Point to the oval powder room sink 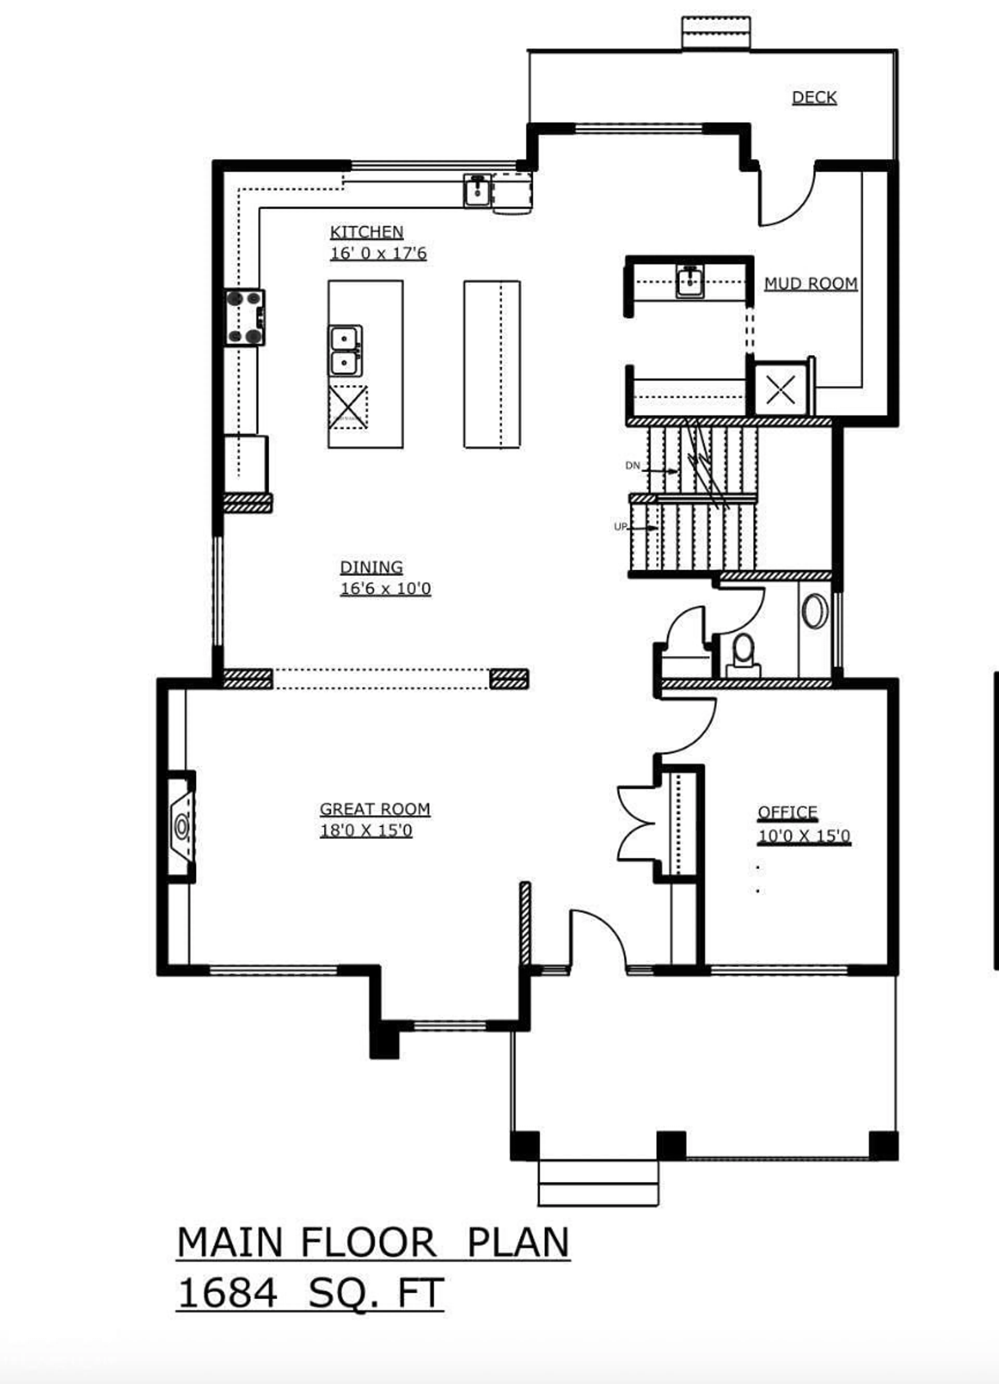[x=815, y=611]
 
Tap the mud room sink [x=690, y=282]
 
